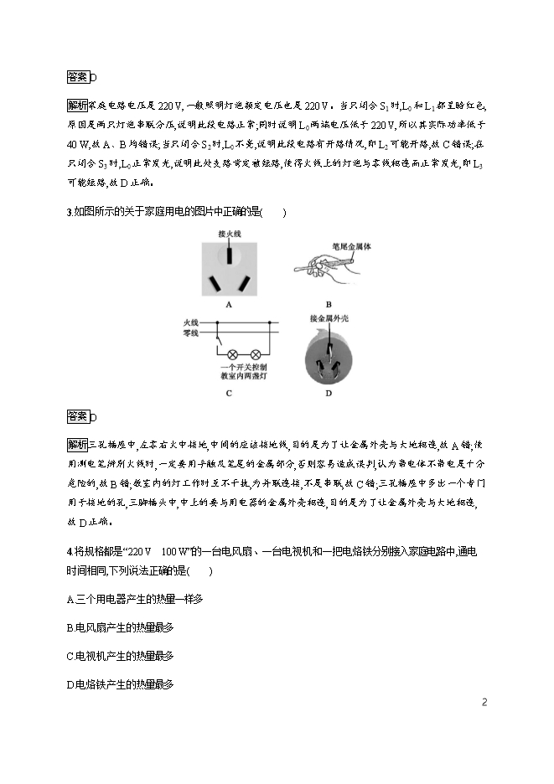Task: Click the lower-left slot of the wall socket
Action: [x=216, y=283]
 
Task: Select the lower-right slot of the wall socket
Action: [x=243, y=283]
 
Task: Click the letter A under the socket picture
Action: [x=229, y=307]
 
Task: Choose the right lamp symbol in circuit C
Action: [x=256, y=355]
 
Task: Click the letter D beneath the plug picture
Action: [x=329, y=393]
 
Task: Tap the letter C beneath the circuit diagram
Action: [x=229, y=393]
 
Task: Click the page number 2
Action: [x=484, y=702]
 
